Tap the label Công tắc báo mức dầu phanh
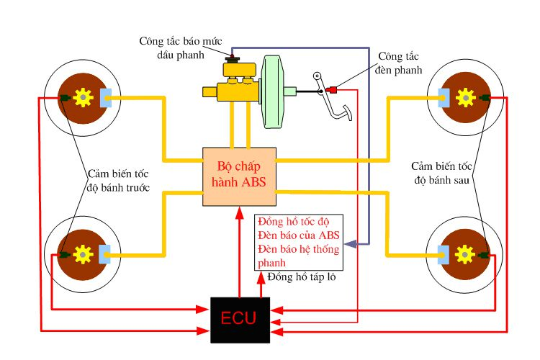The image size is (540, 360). coord(173,48)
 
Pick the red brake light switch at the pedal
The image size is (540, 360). coord(333,90)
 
